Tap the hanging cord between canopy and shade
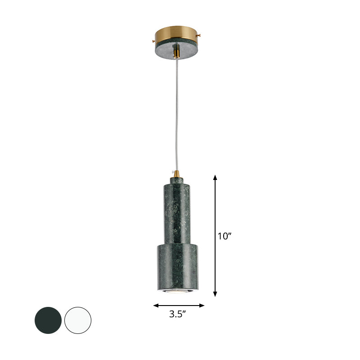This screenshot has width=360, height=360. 176,112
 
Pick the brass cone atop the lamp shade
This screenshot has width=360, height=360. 176,173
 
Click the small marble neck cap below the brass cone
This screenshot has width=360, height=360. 177,180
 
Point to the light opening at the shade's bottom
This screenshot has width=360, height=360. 177,292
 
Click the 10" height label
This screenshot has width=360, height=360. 224,236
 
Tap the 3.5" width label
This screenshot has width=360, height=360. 178,315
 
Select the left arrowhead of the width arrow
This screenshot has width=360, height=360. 156,306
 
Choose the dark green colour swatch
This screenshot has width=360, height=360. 48,320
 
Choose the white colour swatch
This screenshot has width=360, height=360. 77,320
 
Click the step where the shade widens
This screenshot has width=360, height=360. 177,243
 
